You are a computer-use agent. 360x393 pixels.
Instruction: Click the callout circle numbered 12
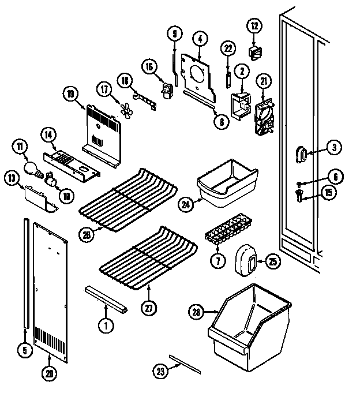[254, 25]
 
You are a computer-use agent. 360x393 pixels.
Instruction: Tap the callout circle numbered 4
[200, 39]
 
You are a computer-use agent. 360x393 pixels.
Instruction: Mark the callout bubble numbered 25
[273, 262]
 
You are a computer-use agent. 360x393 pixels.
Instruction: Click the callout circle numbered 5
[25, 349]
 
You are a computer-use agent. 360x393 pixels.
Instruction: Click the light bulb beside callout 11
[32, 167]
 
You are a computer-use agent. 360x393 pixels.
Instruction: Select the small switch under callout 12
[254, 53]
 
